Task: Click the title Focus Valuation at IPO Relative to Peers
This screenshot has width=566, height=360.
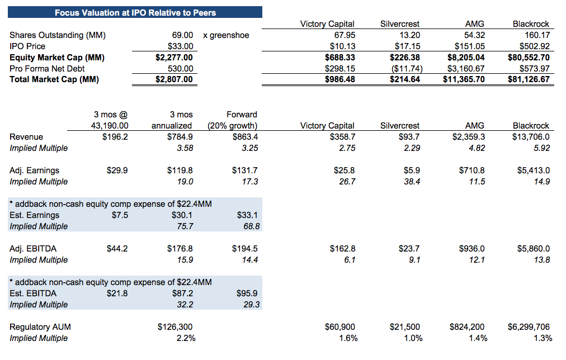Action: pos(135,12)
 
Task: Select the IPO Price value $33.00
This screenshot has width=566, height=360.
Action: pos(181,46)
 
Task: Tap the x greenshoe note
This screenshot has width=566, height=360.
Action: pos(226,35)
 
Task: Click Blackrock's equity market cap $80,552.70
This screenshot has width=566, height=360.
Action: pos(529,58)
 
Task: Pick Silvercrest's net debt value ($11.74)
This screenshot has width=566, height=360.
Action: pos(407,69)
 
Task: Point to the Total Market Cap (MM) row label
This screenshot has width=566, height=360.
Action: pos(54,79)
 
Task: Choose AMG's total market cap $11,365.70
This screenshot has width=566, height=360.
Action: pos(464,79)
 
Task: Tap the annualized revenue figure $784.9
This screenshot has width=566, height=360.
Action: pos(181,137)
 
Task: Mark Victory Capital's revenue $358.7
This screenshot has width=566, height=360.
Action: pos(342,137)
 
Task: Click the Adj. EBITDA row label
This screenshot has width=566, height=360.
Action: pos(33,249)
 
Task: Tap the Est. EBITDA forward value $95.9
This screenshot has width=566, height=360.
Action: pos(247,293)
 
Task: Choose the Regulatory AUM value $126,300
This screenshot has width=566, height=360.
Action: pos(176,327)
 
